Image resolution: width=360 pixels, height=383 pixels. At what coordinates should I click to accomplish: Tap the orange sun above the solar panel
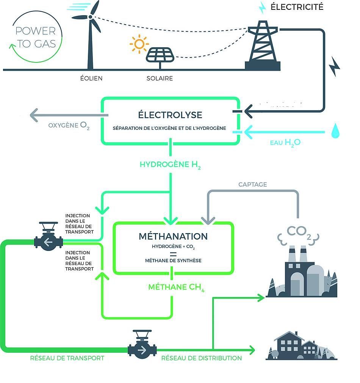(139, 44)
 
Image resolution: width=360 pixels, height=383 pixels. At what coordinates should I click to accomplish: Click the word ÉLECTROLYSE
(170, 115)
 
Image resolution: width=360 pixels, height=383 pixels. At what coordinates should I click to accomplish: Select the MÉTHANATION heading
(173, 236)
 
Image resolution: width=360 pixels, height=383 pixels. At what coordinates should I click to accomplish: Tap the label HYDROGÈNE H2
(170, 165)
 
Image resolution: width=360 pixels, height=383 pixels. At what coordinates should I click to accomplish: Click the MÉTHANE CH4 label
(176, 287)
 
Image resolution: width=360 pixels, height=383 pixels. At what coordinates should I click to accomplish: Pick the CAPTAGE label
(253, 184)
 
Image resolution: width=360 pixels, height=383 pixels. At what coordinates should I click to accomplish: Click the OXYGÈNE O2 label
(69, 126)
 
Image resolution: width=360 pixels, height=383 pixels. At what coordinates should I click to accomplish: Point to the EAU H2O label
(285, 143)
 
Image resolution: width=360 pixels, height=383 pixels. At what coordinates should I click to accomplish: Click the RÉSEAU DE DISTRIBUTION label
(202, 358)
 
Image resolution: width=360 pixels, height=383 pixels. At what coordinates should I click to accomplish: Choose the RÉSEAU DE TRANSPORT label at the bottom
(67, 358)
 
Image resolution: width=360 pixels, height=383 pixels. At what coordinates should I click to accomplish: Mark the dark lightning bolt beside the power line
(334, 67)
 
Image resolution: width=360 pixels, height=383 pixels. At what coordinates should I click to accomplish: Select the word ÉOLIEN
(91, 78)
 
